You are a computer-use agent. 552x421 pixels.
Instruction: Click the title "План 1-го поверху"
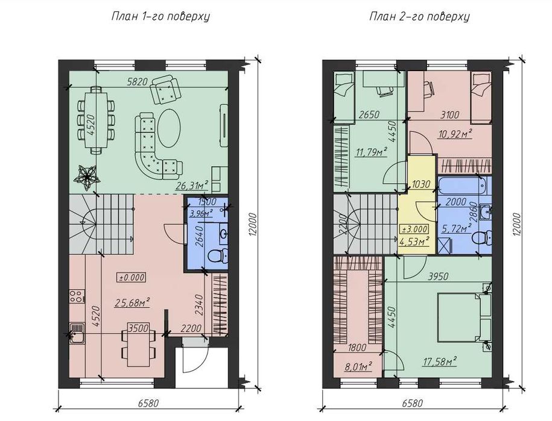160,16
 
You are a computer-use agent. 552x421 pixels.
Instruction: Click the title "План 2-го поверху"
419,16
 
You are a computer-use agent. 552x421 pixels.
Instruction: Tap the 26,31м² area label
192,184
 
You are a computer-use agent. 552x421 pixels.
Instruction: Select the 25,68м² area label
132,302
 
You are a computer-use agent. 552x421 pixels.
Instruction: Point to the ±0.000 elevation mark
132,277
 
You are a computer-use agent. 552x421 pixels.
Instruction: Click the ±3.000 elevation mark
414,229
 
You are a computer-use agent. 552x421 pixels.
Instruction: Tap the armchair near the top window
164,91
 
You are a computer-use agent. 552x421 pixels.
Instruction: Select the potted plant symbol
87,175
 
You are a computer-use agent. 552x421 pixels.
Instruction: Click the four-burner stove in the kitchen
77,296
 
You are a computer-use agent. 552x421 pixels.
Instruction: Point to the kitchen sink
77,333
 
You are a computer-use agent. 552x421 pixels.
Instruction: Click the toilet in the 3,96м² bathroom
218,256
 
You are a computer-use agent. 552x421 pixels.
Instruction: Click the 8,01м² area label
358,367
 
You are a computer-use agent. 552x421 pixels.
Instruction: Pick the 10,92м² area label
455,134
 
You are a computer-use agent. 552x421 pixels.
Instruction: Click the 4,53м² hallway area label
415,241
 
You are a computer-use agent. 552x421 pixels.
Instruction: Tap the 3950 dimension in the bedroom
438,276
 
